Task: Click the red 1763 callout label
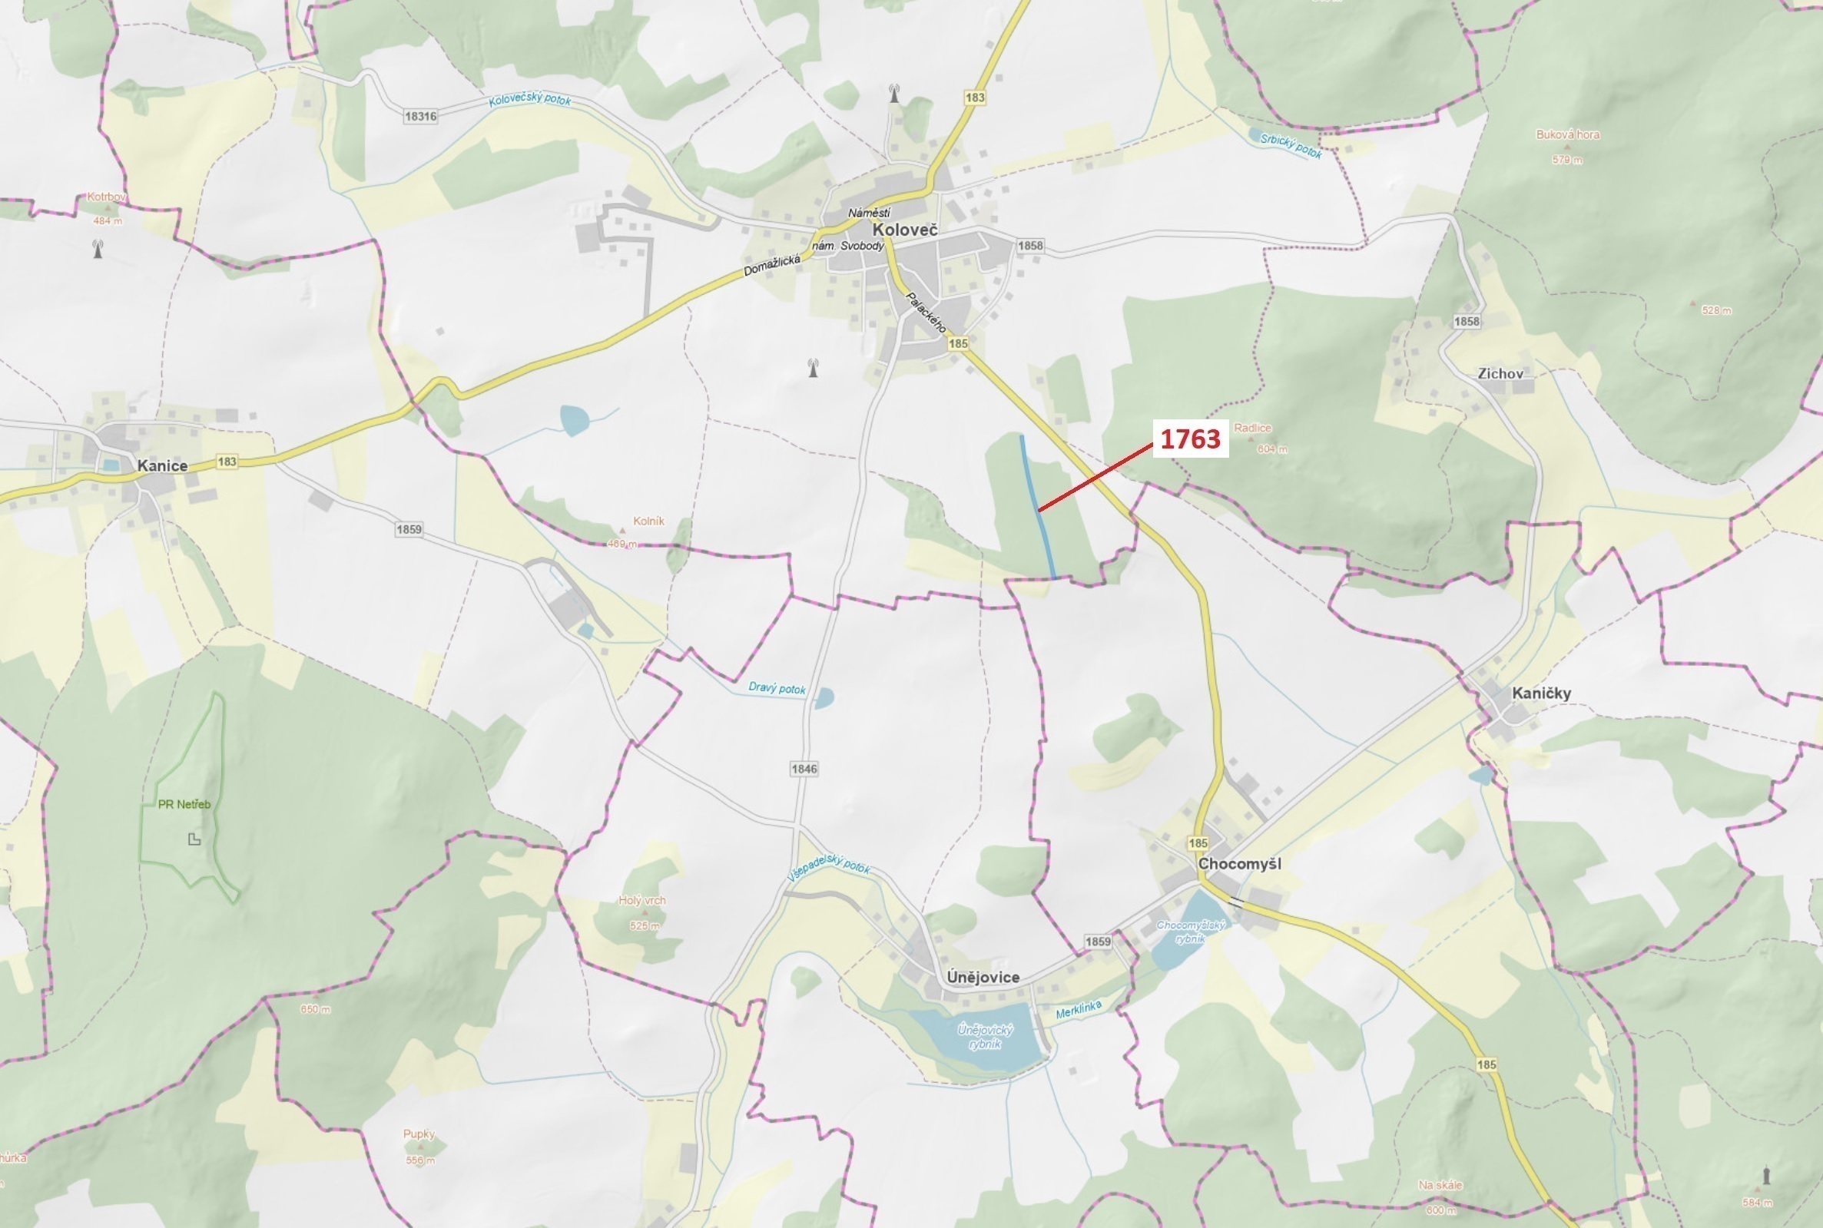[1189, 439]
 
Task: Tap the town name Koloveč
[904, 230]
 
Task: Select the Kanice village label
[162, 466]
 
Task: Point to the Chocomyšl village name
[1239, 864]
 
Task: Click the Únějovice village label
[983, 978]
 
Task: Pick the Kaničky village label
[1541, 693]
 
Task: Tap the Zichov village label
[1500, 373]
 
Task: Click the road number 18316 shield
[421, 116]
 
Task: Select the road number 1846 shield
[804, 768]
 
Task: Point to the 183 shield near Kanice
[227, 462]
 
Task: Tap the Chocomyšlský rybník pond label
[1191, 932]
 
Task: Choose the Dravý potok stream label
[777, 687]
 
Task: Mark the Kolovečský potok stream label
[529, 101]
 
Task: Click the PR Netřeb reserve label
[184, 804]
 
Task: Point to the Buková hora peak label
[1568, 134]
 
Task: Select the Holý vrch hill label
[641, 901]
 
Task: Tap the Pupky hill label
[419, 1134]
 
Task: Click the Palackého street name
[925, 312]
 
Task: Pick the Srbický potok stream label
[1291, 146]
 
